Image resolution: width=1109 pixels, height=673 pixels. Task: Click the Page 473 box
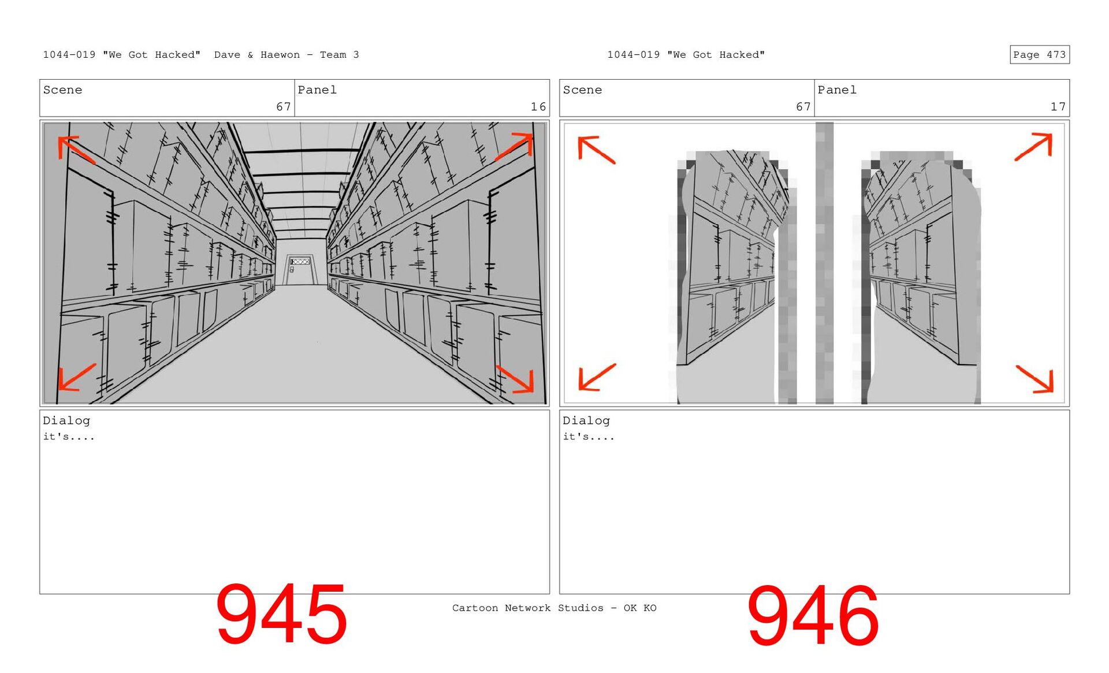1039,54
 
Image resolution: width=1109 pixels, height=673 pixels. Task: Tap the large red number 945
281,614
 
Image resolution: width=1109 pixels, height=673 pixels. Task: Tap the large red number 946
813,616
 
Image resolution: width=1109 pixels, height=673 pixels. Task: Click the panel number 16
538,107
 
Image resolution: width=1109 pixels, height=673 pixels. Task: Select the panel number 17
1058,107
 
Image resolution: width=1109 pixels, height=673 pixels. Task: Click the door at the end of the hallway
300,270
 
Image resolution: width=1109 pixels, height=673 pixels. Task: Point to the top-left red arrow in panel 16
76,149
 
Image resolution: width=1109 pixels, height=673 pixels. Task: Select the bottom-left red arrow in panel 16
77,377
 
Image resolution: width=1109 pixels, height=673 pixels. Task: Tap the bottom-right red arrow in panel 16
515,379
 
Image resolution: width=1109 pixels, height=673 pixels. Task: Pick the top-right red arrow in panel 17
1033,147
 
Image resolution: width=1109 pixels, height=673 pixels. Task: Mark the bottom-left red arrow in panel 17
597,377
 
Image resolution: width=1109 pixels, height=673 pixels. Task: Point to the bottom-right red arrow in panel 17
1034,379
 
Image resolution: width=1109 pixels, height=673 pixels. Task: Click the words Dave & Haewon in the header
257,55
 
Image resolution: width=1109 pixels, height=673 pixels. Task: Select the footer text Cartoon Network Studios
527,608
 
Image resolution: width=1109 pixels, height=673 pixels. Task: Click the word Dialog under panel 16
66,421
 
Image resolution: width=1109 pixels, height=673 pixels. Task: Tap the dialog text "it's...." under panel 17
589,436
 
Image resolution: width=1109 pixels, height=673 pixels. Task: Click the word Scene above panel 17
582,90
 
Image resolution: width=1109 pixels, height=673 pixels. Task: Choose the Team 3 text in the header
340,55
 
